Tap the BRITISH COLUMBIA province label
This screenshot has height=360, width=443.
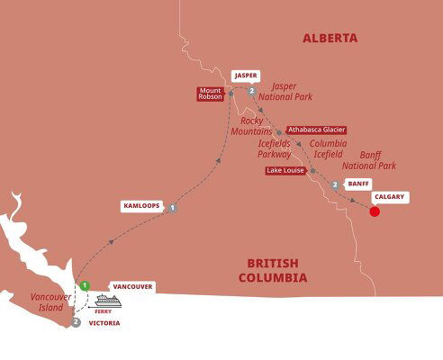point(272,270)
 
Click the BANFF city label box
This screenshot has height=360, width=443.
point(358,184)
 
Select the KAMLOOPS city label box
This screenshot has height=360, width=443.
point(140,206)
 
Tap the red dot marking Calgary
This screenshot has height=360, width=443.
point(375,212)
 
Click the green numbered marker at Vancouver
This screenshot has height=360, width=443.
point(84,285)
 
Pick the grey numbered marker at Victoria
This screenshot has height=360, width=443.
point(76,321)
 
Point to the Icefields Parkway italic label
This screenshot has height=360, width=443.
point(274,148)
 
